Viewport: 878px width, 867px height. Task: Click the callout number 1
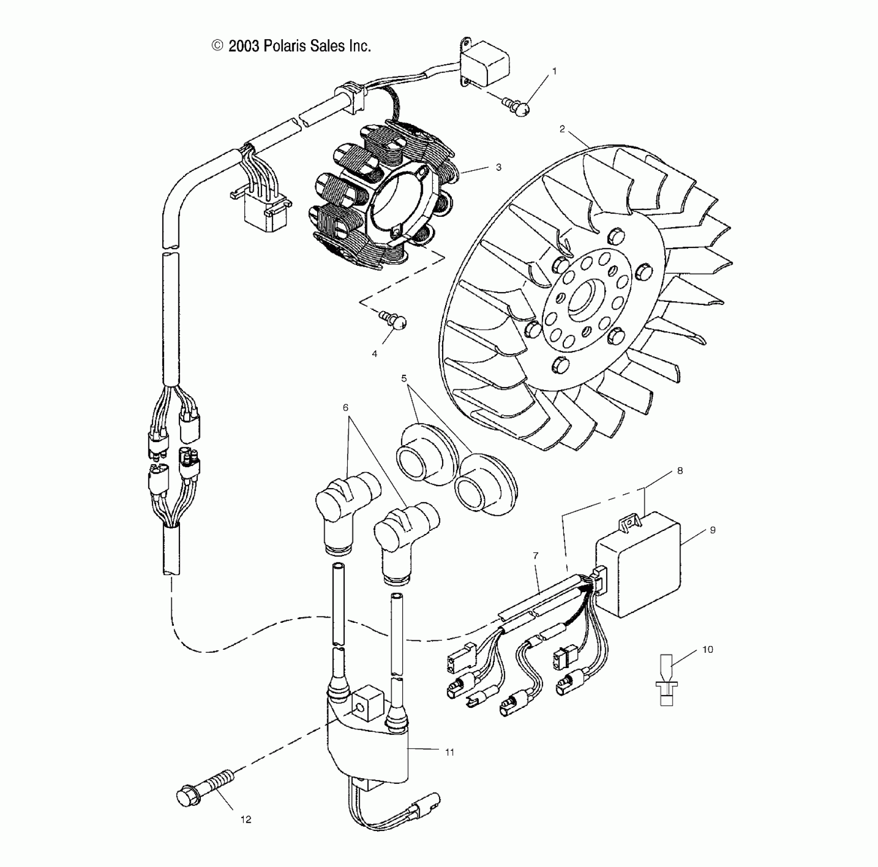(554, 71)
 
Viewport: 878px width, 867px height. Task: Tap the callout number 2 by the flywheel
(562, 129)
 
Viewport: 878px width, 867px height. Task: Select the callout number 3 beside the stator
(498, 167)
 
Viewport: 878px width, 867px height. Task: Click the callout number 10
(708, 649)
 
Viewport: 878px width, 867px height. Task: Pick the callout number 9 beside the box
(712, 530)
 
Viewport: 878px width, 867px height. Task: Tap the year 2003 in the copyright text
(244, 46)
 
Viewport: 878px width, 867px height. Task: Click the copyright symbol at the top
(217, 46)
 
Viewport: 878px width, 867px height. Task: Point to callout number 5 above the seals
(404, 378)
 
